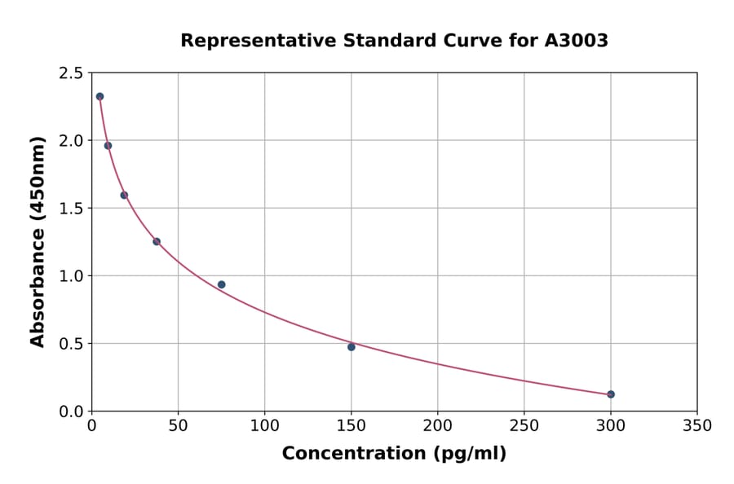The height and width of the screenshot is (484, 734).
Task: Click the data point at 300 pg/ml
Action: [611, 394]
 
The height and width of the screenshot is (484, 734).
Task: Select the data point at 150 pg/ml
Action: [352, 347]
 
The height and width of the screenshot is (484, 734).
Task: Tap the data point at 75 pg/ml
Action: [221, 284]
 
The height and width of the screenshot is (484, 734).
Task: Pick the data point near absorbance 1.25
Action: [157, 241]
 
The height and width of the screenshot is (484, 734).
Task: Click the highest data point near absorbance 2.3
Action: [99, 96]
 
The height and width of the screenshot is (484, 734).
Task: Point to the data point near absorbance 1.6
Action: [124, 195]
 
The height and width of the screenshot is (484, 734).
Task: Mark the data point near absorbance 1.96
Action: [108, 146]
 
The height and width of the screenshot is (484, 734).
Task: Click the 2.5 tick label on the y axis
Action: [70, 73]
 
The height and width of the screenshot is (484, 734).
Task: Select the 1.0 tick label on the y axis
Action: [70, 276]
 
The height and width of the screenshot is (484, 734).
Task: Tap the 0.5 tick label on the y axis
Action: [70, 344]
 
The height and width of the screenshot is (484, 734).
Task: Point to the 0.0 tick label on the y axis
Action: [70, 411]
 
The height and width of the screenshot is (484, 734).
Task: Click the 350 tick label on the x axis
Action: [696, 426]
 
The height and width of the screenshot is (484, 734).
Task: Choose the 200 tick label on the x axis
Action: [437, 426]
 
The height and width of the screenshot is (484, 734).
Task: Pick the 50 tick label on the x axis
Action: [178, 426]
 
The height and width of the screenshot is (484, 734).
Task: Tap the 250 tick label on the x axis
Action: [524, 426]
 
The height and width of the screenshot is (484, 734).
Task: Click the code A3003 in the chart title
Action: [576, 41]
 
